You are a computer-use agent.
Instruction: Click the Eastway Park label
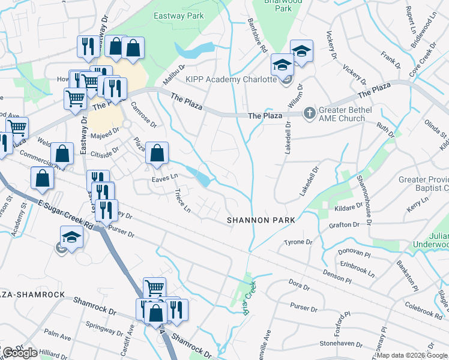coord(179,16)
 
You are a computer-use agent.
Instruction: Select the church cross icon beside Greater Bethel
coord(309,112)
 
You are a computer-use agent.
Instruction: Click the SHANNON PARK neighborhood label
coord(261,220)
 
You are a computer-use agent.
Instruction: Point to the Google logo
coord(19,353)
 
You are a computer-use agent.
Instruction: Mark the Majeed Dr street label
coord(106,137)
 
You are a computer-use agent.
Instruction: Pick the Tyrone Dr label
coord(298,242)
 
